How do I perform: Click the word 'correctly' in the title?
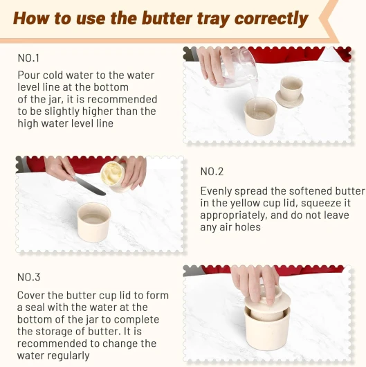(271, 19)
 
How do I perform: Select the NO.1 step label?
(28, 57)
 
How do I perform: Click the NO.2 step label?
(212, 172)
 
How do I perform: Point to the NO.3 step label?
(29, 277)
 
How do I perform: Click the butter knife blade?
(90, 186)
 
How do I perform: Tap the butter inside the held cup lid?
(112, 172)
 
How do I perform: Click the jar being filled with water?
(260, 116)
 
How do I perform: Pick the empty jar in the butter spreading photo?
(94, 222)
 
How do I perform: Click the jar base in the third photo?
(267, 328)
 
